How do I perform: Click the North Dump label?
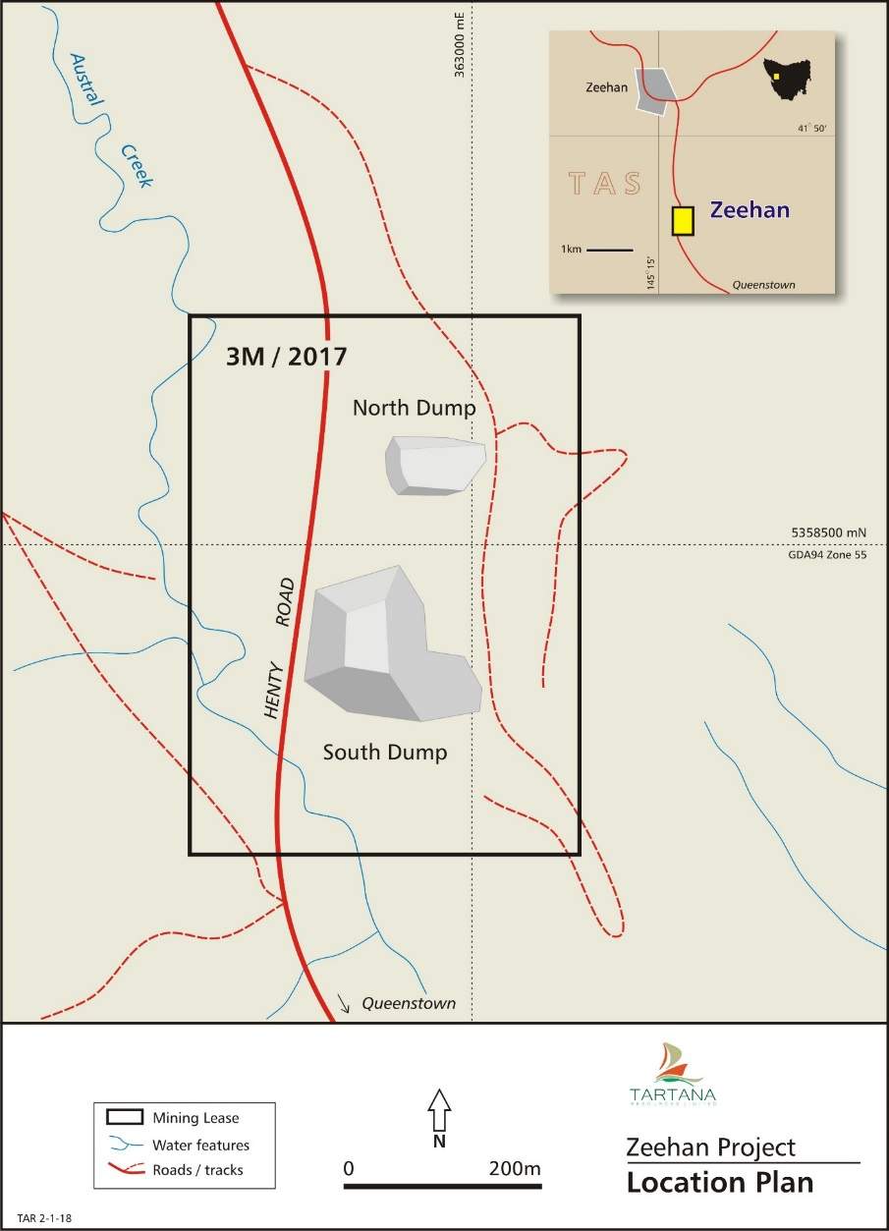pyautogui.click(x=414, y=408)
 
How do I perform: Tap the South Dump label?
pyautogui.click(x=385, y=753)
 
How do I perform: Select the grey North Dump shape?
pyautogui.click(x=434, y=464)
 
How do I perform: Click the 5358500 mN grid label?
pyautogui.click(x=829, y=532)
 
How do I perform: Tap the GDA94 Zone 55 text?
pyautogui.click(x=828, y=556)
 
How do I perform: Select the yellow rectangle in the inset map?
pyautogui.click(x=682, y=220)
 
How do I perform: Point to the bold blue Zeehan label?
pyautogui.click(x=750, y=210)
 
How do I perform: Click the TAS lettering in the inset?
pyautogui.click(x=604, y=184)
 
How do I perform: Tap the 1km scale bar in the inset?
pyautogui.click(x=609, y=251)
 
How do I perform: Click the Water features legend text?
pyautogui.click(x=200, y=1145)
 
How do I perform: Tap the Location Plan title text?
pyautogui.click(x=720, y=1182)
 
